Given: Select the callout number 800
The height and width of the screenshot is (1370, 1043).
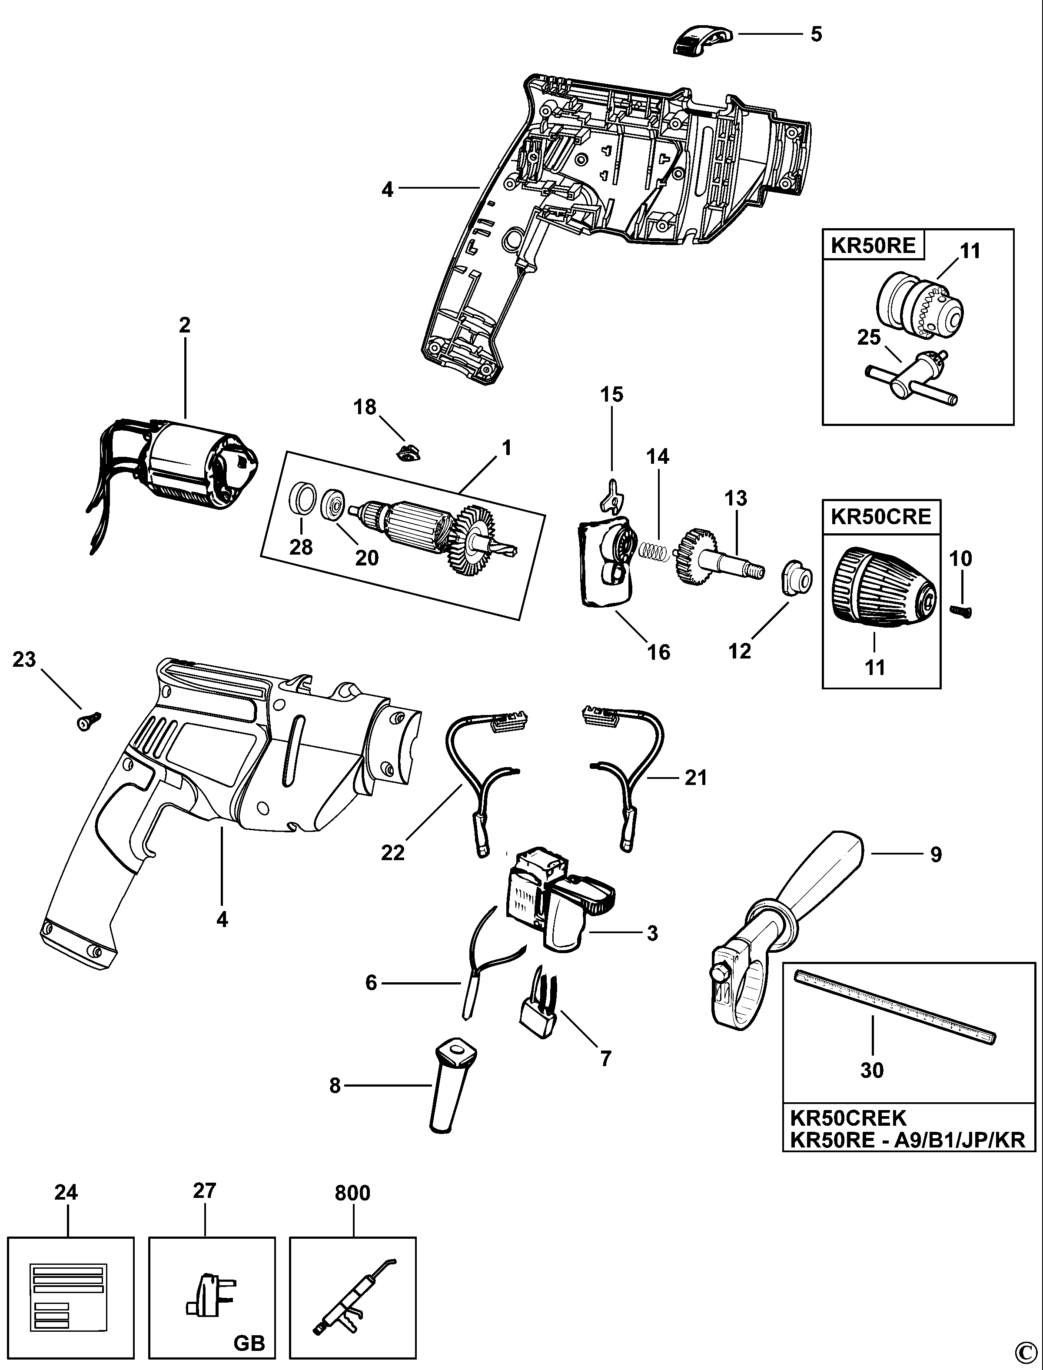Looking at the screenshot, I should coord(352,1193).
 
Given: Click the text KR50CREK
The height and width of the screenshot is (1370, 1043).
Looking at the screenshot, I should coord(847,1118).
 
